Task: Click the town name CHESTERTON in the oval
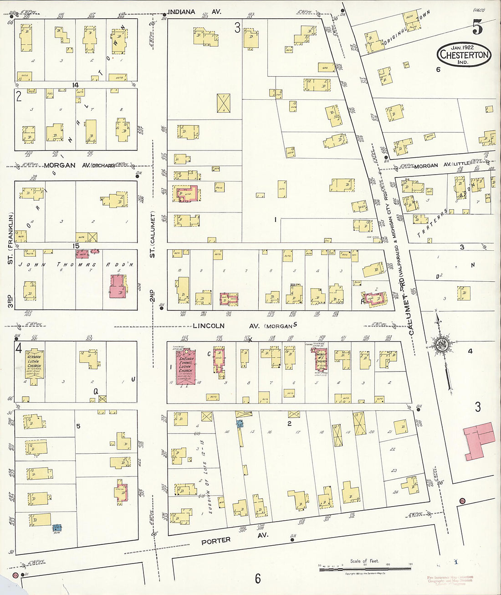tap(464, 56)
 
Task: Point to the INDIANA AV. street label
tap(194, 11)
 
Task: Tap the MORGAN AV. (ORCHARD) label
tap(80, 165)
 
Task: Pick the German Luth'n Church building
tap(34, 366)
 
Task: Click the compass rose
tap(440, 345)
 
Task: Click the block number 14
tap(76, 85)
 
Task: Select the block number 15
tap(76, 246)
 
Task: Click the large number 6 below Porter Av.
tap(258, 579)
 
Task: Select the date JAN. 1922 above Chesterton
tap(463, 47)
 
